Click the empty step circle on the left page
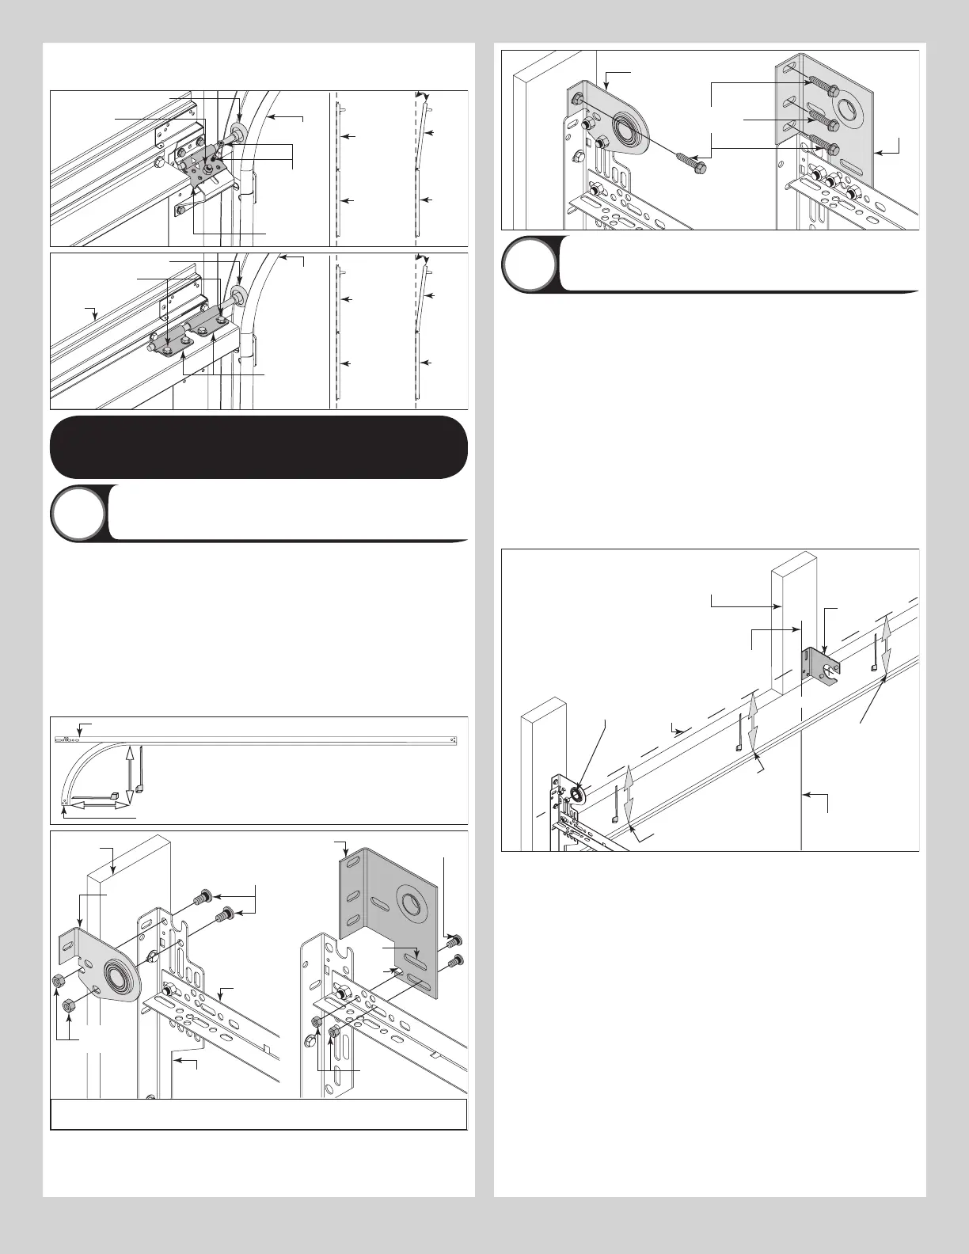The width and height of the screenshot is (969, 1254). pos(78,512)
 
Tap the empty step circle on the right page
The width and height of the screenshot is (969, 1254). pos(529,263)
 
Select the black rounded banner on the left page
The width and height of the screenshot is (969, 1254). pos(258,446)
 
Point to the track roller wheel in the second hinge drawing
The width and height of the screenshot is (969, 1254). pos(237,297)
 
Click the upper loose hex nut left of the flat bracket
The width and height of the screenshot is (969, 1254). pos(56,982)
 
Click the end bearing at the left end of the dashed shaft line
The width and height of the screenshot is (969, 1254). pos(576,795)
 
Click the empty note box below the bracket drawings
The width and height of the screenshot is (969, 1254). pos(258,1114)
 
